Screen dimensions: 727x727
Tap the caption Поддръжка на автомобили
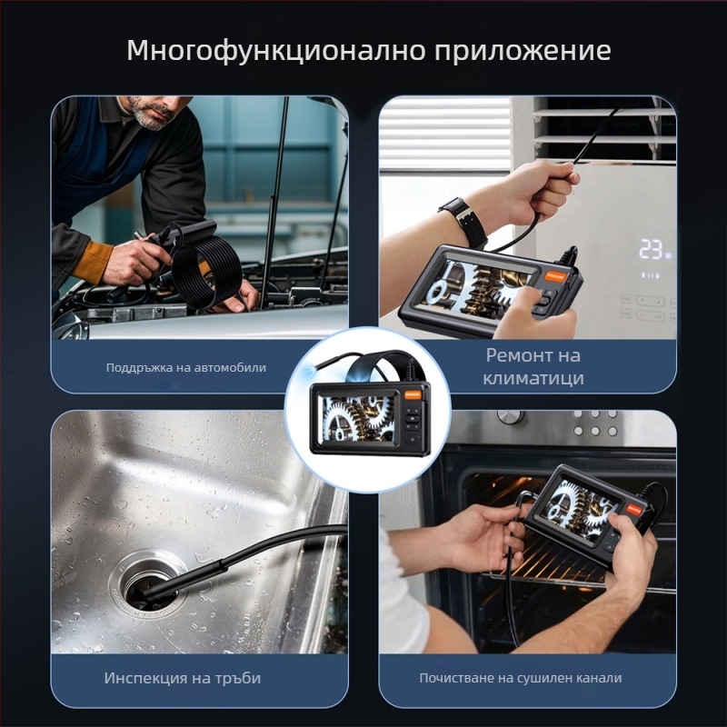185,367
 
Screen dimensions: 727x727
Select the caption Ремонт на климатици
533,366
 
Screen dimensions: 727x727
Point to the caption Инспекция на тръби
172,678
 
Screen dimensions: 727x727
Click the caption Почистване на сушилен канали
521,678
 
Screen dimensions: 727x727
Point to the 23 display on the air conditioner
651,249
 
